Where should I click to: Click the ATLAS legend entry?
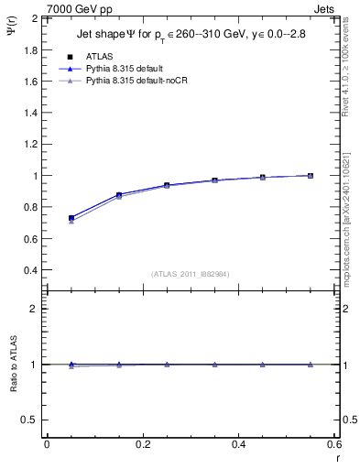(x=99, y=57)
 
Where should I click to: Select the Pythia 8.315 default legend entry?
(x=128, y=69)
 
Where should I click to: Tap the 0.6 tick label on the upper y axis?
(x=31, y=239)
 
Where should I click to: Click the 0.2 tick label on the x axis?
(x=142, y=443)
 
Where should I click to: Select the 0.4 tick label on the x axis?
(x=238, y=443)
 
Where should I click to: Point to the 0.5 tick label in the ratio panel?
(x=31, y=420)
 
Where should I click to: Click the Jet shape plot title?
(x=192, y=36)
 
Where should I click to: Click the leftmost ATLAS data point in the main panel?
(x=71, y=218)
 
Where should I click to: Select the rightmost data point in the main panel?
(x=311, y=176)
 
